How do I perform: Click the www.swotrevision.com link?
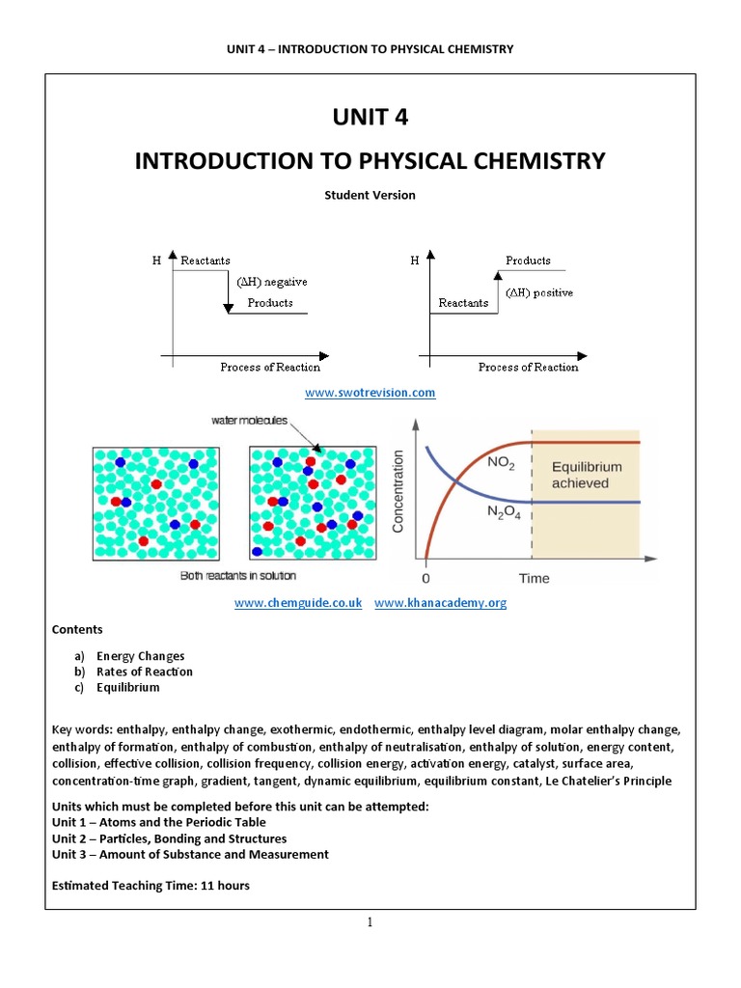point(370,393)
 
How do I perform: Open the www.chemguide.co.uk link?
point(298,603)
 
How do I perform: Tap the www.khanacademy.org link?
point(440,603)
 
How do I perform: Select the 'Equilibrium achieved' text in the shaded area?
point(586,475)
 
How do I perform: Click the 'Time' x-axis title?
point(534,578)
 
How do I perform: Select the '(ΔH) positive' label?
point(538,292)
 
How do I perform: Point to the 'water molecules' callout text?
point(249,420)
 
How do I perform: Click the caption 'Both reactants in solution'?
point(238,576)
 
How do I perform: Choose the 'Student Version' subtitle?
point(370,195)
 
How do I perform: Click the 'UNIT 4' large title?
point(370,118)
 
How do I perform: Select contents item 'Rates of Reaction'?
point(144,672)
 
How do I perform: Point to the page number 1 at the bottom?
point(370,923)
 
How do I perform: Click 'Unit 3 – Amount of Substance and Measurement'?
point(189,854)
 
